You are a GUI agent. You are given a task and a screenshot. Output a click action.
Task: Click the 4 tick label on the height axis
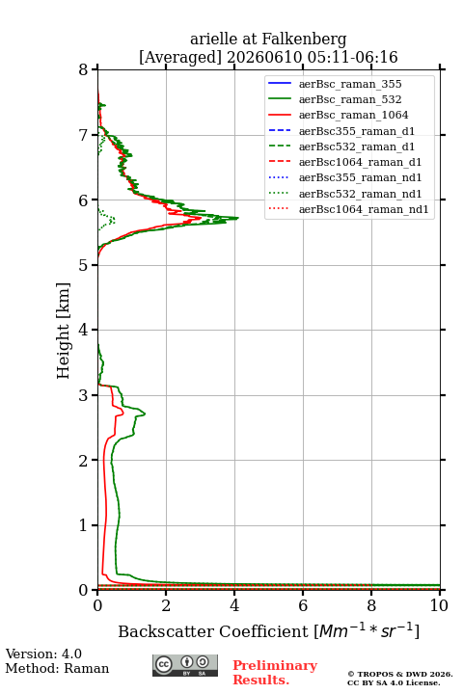[x=83, y=330]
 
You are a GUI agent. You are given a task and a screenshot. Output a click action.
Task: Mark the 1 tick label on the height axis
[x=83, y=525]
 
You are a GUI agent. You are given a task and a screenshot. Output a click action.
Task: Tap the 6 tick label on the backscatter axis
[x=303, y=605]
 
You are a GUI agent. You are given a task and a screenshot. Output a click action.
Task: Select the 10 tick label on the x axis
[x=439, y=605]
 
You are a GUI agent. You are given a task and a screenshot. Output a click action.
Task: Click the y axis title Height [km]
[x=64, y=331]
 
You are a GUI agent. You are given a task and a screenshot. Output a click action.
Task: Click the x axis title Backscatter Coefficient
[x=212, y=631]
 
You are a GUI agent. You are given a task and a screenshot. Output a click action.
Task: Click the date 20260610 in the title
[x=265, y=58]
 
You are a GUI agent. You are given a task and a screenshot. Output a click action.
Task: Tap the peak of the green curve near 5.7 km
[x=238, y=218]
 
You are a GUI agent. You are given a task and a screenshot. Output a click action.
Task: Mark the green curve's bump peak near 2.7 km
[x=145, y=414]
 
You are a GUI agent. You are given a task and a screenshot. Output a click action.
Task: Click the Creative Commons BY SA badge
[x=185, y=665]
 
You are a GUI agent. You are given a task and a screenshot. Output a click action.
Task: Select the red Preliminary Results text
[x=275, y=673]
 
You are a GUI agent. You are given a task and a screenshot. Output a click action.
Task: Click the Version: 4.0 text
[x=43, y=654]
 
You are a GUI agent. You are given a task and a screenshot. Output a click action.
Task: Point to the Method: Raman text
[x=57, y=668]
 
